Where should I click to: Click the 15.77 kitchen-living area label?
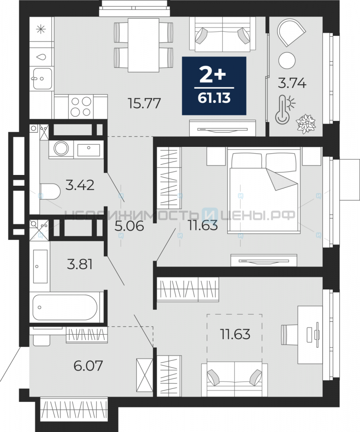tap(144, 104)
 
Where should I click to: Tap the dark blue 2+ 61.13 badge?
tap(214, 86)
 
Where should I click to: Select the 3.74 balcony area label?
tap(292, 83)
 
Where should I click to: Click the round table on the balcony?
tap(287, 60)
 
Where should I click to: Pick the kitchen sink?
tap(42, 79)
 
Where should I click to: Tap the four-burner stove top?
tap(81, 107)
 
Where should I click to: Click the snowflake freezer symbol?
tap(41, 29)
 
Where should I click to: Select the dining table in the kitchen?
tap(143, 45)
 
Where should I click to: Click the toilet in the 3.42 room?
tap(50, 191)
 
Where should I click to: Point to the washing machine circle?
tap(61, 149)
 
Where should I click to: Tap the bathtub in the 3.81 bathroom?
tap(65, 307)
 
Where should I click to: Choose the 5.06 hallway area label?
tap(129, 226)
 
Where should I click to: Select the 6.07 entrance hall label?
tap(88, 365)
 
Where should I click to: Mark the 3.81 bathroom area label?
tap(80, 264)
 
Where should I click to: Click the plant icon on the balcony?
tap(306, 124)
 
